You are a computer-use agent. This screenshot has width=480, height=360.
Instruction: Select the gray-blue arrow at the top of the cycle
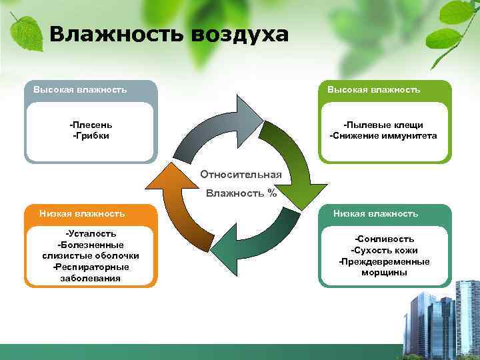click(x=213, y=127)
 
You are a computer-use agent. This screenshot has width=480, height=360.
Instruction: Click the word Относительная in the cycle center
click(x=241, y=175)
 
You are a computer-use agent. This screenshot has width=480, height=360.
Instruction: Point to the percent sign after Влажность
click(x=272, y=194)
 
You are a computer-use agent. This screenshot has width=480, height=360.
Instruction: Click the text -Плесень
click(x=91, y=125)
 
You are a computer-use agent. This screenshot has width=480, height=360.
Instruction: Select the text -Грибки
click(x=91, y=135)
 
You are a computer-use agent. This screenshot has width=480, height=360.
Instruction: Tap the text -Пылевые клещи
click(x=383, y=125)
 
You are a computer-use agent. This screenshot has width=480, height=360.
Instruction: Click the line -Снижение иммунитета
click(x=383, y=135)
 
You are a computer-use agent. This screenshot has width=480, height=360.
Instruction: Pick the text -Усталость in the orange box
click(x=91, y=233)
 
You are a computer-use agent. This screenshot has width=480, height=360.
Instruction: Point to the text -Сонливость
click(x=384, y=239)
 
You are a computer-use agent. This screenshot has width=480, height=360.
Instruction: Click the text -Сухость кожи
click(x=384, y=250)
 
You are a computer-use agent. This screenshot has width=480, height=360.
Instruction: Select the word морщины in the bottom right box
click(x=384, y=273)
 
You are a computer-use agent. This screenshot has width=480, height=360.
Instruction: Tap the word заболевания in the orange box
click(x=91, y=278)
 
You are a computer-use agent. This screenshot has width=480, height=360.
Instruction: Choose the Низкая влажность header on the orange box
click(x=82, y=213)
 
